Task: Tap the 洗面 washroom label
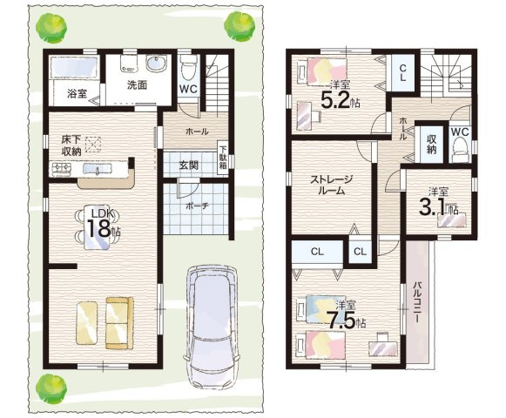[x=137, y=85]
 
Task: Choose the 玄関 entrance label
[x=189, y=165]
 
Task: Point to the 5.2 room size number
[x=336, y=99]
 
